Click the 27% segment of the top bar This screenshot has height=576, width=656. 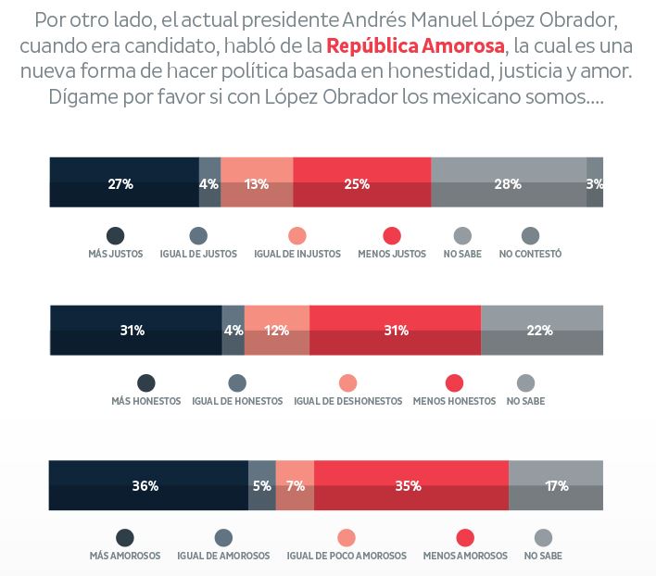[x=123, y=182]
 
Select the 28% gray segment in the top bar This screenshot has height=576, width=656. [x=508, y=182]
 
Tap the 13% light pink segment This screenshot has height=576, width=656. [x=257, y=182]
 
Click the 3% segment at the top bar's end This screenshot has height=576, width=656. [x=595, y=182]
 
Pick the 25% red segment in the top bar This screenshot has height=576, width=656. [x=361, y=182]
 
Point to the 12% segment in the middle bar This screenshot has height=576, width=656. [x=276, y=330]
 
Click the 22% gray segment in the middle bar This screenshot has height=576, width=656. [x=541, y=330]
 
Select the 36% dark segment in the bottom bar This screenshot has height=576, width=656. [x=148, y=485]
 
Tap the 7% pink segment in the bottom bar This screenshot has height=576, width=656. [x=295, y=485]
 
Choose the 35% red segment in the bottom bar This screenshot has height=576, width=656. [x=410, y=485]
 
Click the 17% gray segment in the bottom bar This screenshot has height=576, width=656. [x=556, y=485]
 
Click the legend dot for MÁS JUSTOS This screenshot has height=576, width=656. [x=116, y=235]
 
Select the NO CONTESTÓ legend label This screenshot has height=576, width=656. [x=530, y=254]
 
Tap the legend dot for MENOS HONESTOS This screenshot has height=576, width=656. [x=454, y=383]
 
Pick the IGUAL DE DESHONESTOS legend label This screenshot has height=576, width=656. [x=347, y=402]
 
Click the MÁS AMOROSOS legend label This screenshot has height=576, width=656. [x=125, y=557]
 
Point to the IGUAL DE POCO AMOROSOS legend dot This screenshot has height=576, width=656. [x=347, y=538]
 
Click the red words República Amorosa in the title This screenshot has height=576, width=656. [x=416, y=45]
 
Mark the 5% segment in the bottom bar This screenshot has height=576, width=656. [x=262, y=485]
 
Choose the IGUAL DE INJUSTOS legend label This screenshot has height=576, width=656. [x=296, y=254]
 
